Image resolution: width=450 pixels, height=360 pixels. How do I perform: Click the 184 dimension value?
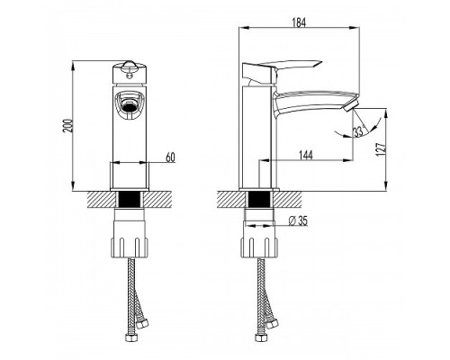click(x=299, y=22)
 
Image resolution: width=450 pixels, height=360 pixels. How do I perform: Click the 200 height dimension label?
click(x=67, y=126)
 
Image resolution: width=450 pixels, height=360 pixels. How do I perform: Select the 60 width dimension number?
click(x=170, y=157)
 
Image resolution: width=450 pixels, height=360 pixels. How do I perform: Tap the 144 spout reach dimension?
click(x=306, y=155)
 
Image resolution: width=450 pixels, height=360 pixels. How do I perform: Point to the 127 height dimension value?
click(x=381, y=149)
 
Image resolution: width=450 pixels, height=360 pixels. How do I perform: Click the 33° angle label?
click(x=358, y=131)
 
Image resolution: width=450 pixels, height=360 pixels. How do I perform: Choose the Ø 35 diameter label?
click(x=298, y=221)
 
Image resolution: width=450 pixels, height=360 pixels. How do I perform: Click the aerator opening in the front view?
click(x=130, y=107)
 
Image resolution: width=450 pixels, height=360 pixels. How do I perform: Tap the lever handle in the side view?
click(x=281, y=70)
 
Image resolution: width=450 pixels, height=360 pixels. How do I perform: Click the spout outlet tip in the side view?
click(x=351, y=106)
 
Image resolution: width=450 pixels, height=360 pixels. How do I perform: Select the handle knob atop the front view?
click(x=130, y=71)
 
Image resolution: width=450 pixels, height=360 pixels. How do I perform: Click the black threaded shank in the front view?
click(x=130, y=199)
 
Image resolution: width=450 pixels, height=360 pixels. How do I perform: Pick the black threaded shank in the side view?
click(x=259, y=199)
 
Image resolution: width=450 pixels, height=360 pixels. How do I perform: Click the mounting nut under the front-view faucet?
click(x=130, y=247)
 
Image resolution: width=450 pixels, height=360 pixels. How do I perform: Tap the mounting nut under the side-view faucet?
click(x=259, y=247)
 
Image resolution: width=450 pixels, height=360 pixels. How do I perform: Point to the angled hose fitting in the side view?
click(x=272, y=323)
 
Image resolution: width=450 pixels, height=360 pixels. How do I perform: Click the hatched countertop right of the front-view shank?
click(x=157, y=199)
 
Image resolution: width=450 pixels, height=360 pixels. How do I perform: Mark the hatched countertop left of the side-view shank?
click(x=231, y=199)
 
